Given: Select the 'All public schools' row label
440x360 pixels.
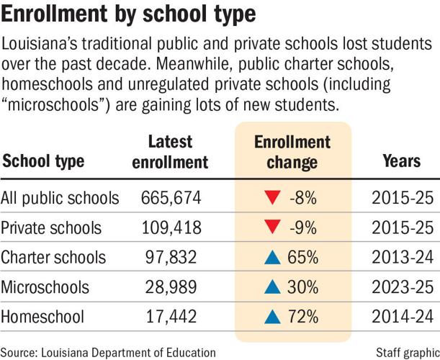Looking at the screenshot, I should click(x=60, y=197).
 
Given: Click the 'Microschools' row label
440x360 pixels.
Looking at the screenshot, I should click(x=47, y=287).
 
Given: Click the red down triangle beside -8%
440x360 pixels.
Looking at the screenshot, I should click(x=273, y=198).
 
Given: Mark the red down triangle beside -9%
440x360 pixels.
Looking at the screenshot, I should click(x=273, y=228).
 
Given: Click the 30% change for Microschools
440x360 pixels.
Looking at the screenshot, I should click(x=303, y=287).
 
